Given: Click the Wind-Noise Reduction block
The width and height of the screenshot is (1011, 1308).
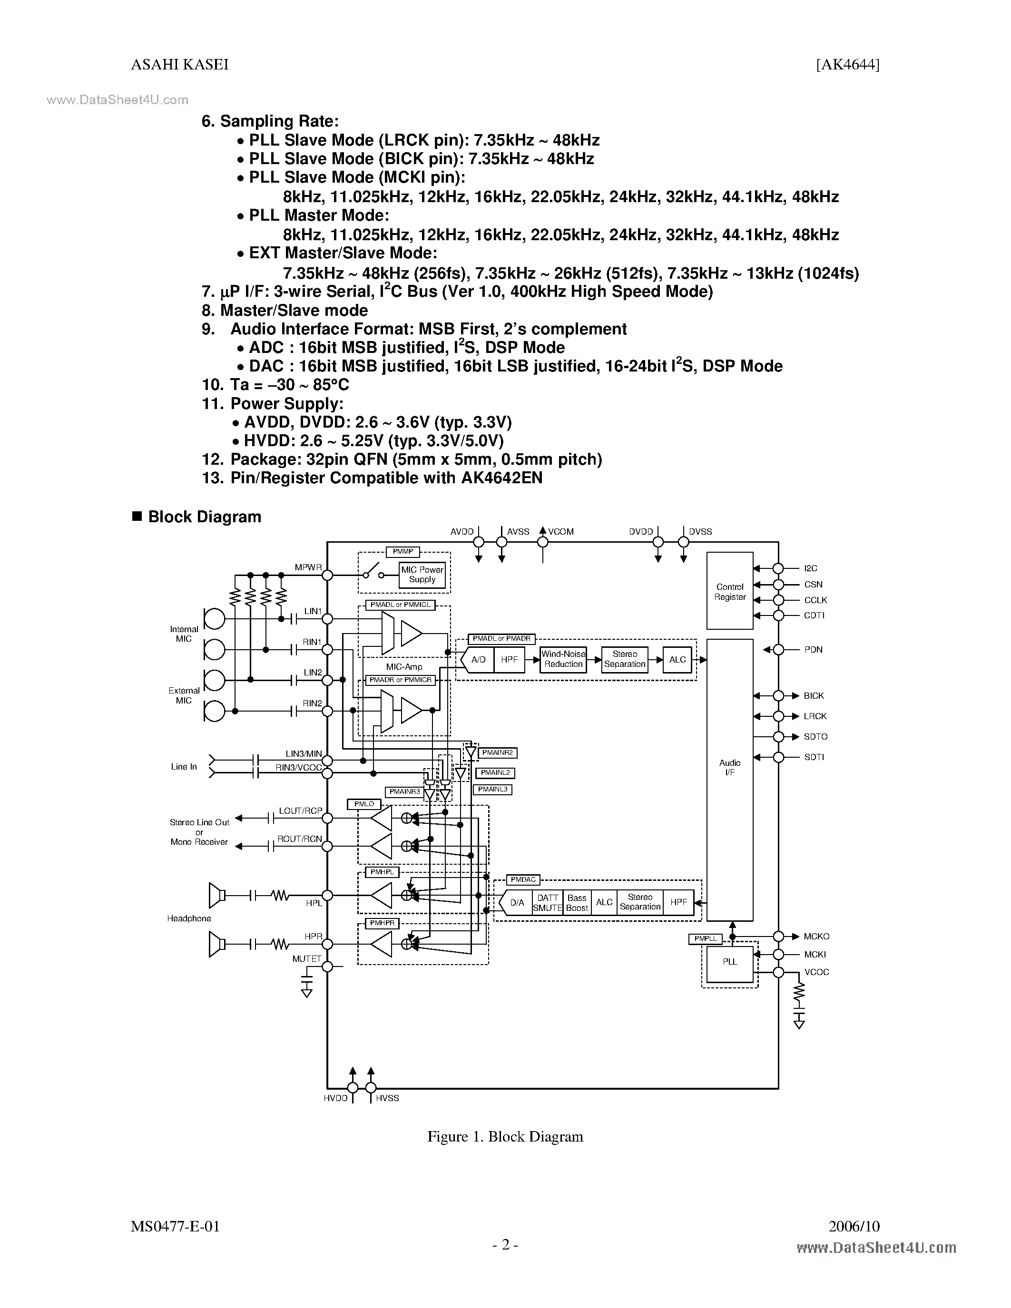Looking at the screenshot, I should coord(563,659).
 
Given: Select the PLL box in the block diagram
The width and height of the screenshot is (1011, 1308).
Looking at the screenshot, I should coord(729,962).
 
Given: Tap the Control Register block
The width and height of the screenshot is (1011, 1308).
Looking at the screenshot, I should coord(729,592).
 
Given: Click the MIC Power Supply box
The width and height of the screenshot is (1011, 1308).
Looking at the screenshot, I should coord(422,575).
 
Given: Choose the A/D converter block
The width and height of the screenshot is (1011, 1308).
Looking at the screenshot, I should coord(478,659).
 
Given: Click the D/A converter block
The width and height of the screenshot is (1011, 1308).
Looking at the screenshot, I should coord(516,903).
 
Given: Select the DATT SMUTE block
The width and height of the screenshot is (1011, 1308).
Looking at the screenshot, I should coord(548,903).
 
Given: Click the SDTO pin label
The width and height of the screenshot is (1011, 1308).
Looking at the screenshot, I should coord(815,737).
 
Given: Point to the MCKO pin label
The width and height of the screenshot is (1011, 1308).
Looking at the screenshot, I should coord(816,936).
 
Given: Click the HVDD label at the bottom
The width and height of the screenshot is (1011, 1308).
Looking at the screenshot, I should coord(335,1098).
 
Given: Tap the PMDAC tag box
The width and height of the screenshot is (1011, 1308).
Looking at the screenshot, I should coord(523,880).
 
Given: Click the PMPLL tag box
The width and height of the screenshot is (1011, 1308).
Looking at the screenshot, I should coord(706,938).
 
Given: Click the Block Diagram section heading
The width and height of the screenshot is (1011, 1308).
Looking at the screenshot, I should coord(204,517).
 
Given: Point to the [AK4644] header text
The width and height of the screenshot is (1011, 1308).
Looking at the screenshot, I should coord(847,65).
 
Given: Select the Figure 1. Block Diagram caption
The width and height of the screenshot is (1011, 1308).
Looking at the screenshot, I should coord(505,1137).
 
